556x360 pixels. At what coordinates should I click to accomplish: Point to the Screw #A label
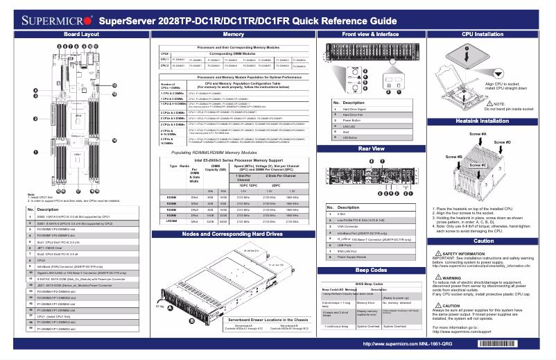pos(478,134)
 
